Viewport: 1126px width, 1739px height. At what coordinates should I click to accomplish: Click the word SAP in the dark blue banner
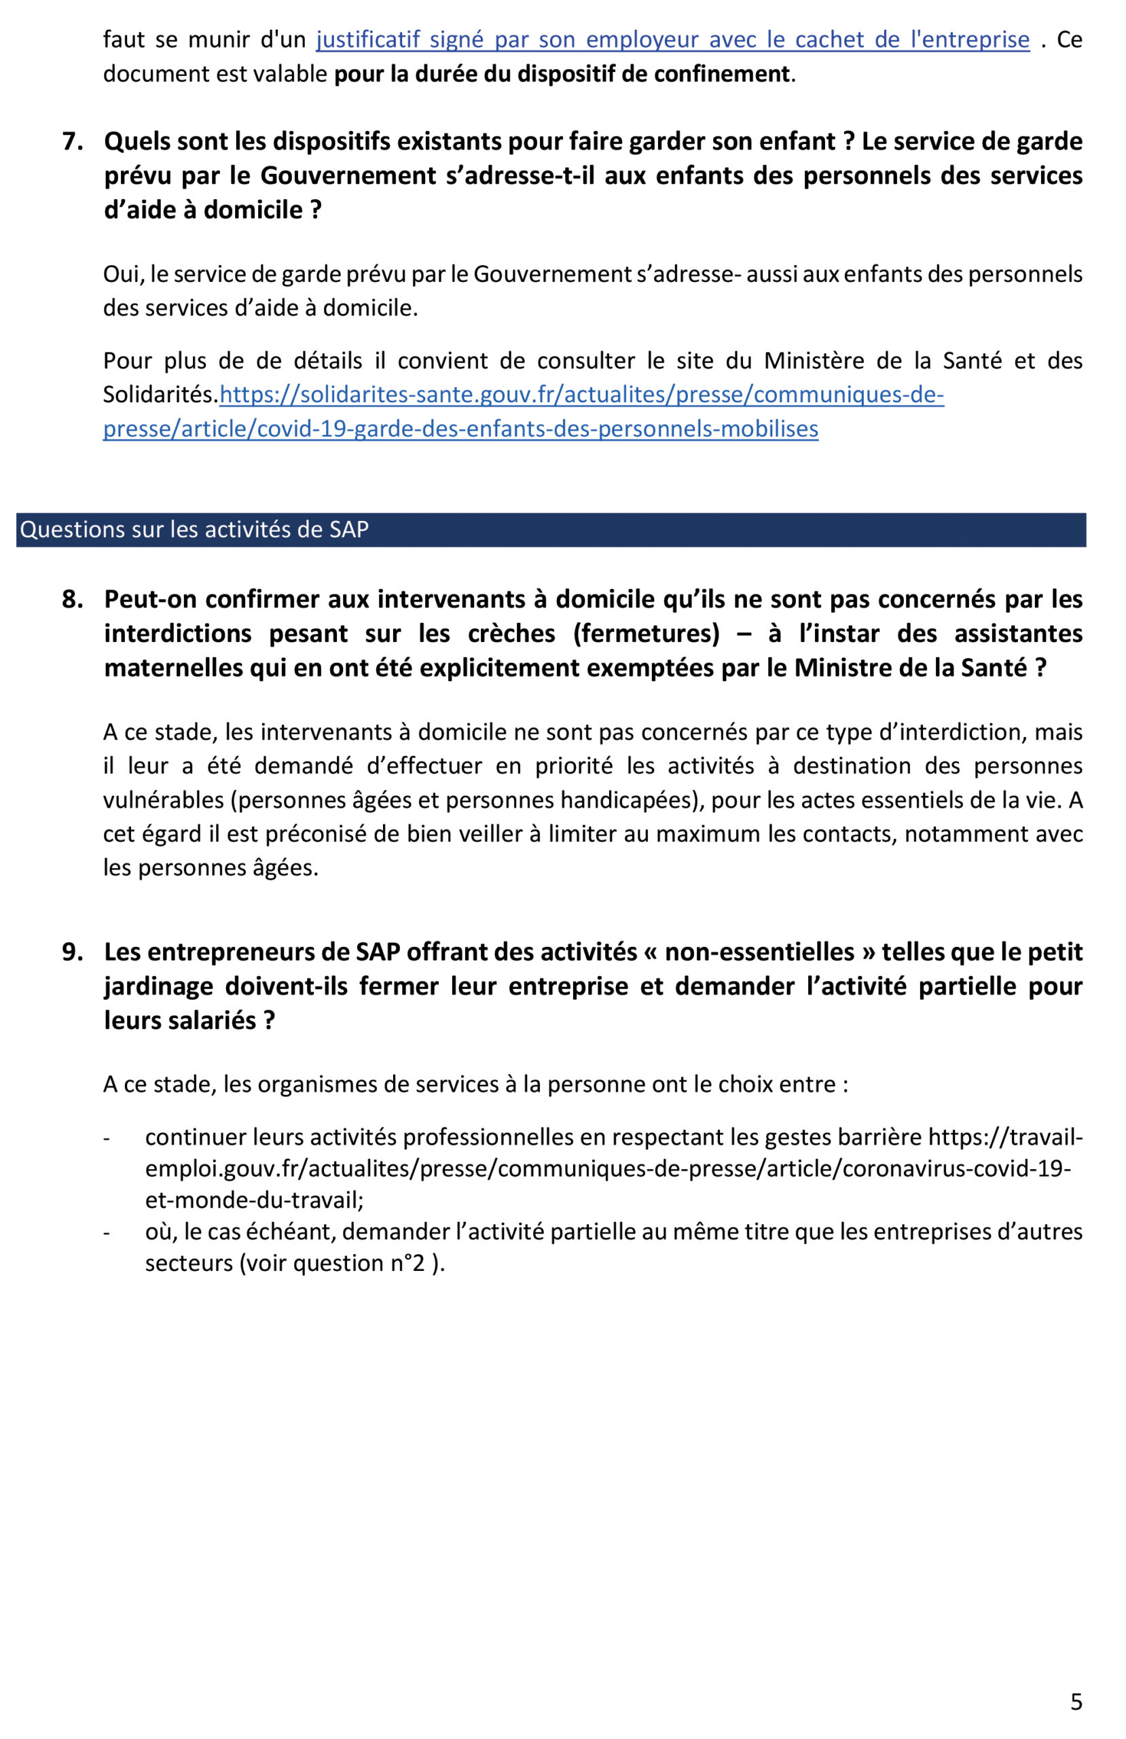pyautogui.click(x=348, y=529)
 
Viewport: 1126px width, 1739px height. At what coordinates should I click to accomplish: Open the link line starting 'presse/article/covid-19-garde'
pyautogui.click(x=460, y=428)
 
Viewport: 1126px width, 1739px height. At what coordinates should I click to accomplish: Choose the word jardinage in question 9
pyautogui.click(x=156, y=986)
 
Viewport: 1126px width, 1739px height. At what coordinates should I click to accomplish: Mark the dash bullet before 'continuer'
pyautogui.click(x=107, y=1138)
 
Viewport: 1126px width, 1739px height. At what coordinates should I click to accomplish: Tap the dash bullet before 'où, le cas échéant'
pyautogui.click(x=107, y=1233)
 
